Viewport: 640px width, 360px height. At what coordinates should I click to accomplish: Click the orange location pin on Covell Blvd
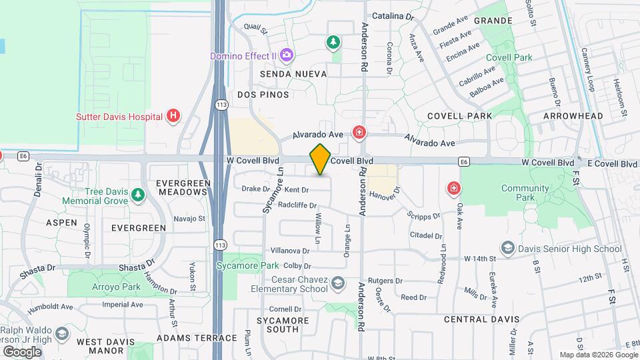pyautogui.click(x=320, y=160)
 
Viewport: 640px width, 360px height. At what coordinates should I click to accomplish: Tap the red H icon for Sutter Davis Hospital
pyautogui.click(x=173, y=116)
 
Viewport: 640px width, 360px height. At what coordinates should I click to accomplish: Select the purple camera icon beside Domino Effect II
pyautogui.click(x=287, y=55)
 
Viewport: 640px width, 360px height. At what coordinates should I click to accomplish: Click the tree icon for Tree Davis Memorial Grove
pyautogui.click(x=137, y=195)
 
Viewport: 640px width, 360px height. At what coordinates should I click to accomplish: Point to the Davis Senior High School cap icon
pyautogui.click(x=508, y=249)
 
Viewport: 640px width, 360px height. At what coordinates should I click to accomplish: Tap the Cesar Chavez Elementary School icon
pyautogui.click(x=339, y=285)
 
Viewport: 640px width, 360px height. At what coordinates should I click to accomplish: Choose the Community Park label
pyautogui.click(x=524, y=193)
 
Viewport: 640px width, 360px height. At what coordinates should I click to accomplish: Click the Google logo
pyautogui.click(x=22, y=352)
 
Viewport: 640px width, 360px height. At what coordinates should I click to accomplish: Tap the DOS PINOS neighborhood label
pyautogui.click(x=265, y=95)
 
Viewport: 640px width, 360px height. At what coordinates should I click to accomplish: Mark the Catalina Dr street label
pyautogui.click(x=393, y=15)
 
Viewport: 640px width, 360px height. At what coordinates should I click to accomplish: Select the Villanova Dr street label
pyautogui.click(x=290, y=251)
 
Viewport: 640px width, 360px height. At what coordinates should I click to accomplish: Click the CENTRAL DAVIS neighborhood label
pyautogui.click(x=481, y=319)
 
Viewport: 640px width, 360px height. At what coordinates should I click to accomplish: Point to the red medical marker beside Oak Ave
pyautogui.click(x=455, y=189)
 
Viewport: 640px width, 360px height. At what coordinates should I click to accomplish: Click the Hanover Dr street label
pyautogui.click(x=383, y=194)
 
